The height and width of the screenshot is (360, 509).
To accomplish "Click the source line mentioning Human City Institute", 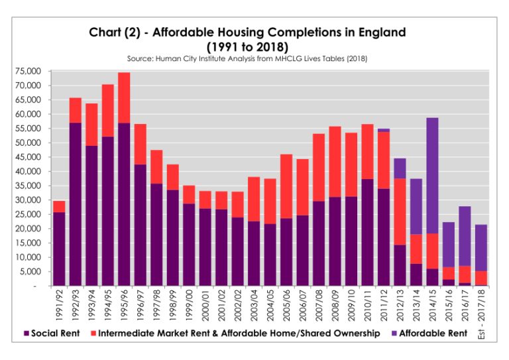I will (247, 59).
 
